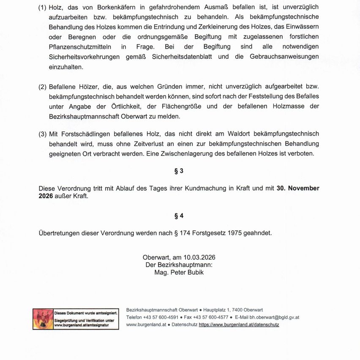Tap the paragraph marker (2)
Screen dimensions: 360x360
(42, 87)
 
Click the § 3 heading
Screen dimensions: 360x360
(179, 171)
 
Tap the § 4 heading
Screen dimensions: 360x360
(179, 215)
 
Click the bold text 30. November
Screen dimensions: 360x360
(298, 188)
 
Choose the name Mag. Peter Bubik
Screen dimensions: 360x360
(179, 273)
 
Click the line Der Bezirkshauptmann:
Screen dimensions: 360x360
(179, 265)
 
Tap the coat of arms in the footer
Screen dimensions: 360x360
(43, 319)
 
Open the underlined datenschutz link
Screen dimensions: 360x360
(239, 325)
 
